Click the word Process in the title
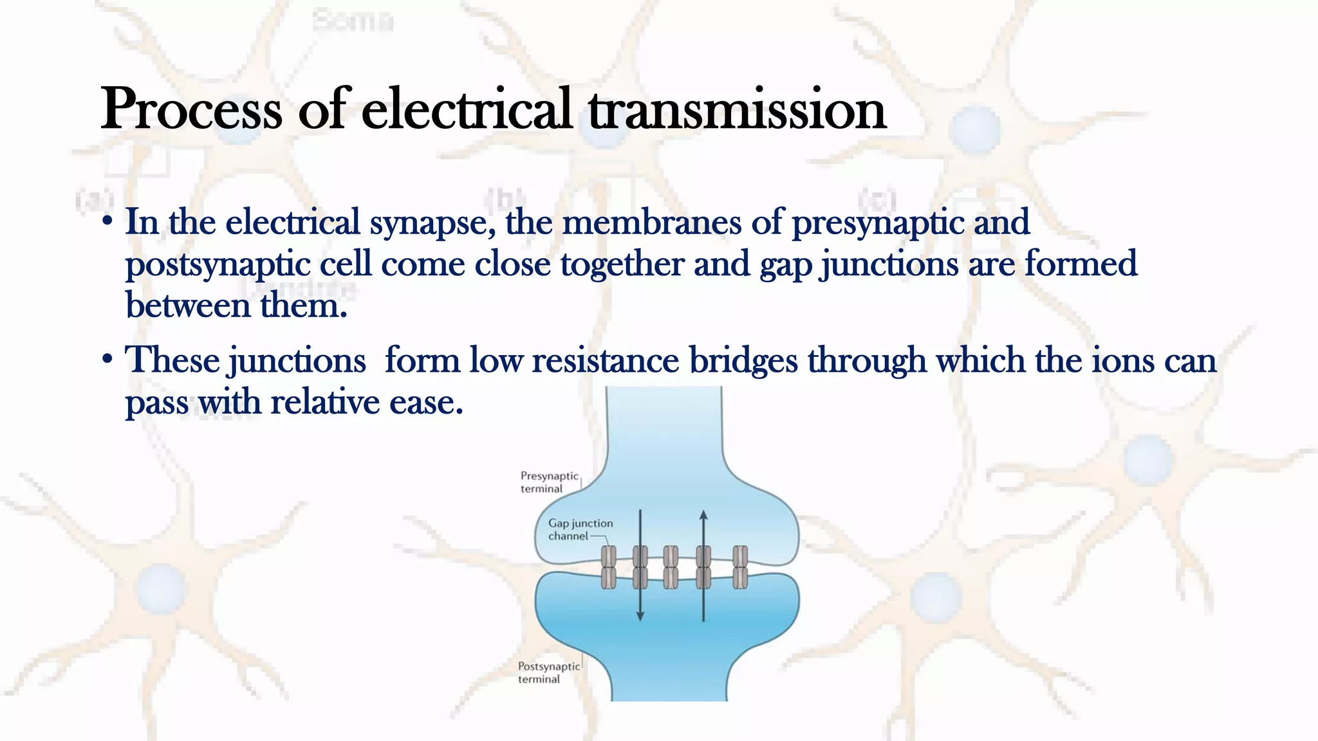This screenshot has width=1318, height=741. coord(191,109)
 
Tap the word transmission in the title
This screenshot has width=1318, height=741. coord(738,109)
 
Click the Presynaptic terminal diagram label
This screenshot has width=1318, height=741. coord(549,482)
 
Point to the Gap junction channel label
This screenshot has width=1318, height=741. coord(580,529)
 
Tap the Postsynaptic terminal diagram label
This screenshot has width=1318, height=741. coord(548,672)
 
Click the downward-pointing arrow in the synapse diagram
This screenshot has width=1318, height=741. coord(640,566)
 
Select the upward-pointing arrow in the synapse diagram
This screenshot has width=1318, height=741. coord(703,566)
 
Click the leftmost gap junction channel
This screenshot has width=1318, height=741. coord(608,567)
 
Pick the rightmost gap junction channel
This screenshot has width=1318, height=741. coord(740,567)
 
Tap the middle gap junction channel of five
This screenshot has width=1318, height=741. coord(671,567)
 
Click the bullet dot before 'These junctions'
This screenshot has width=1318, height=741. coord(107,359)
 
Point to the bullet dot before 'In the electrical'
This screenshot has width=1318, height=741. coord(107,222)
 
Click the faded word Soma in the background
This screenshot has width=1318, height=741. coord(353,21)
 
